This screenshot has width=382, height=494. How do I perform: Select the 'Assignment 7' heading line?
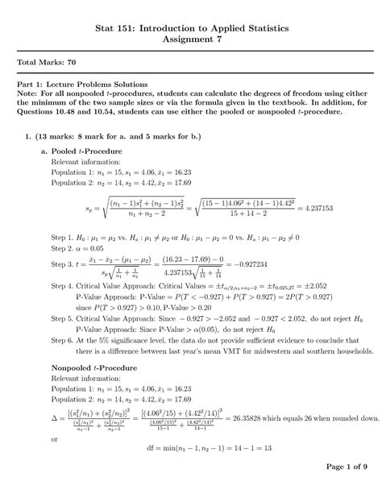(190, 38)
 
